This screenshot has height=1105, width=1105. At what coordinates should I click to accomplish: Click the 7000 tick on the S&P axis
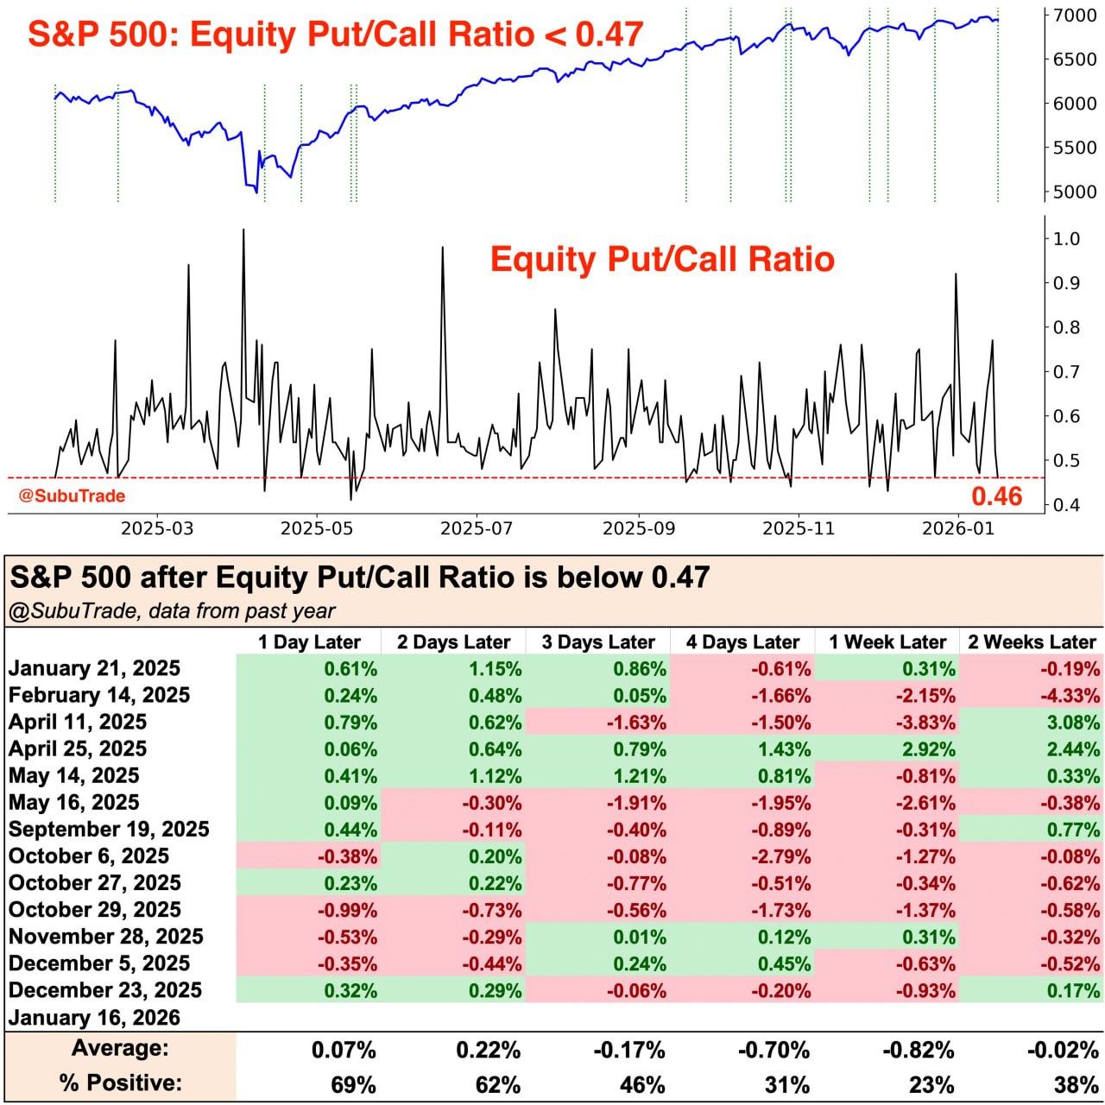pyautogui.click(x=1074, y=16)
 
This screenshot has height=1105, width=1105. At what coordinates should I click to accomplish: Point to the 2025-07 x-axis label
pyautogui.click(x=477, y=528)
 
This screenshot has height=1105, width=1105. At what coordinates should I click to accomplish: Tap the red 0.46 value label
pyautogui.click(x=996, y=496)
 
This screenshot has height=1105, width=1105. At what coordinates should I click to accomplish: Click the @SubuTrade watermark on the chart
pyautogui.click(x=73, y=496)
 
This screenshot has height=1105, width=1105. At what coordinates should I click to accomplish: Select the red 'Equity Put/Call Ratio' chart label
pyautogui.click(x=662, y=260)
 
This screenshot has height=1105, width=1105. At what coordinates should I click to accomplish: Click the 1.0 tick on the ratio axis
pyautogui.click(x=1067, y=239)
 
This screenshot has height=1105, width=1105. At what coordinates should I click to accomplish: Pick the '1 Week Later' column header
pyautogui.click(x=887, y=642)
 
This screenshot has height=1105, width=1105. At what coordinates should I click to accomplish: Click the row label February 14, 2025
pyautogui.click(x=99, y=695)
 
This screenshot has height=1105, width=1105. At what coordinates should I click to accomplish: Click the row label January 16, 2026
pyautogui.click(x=95, y=1017)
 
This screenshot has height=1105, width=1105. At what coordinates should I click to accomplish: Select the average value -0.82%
pyautogui.click(x=918, y=1051)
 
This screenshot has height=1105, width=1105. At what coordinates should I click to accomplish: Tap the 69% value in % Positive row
pyautogui.click(x=353, y=1084)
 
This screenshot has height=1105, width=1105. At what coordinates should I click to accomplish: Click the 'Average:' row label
pyautogui.click(x=120, y=1048)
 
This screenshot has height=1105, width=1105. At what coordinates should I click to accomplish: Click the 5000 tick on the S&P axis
pyautogui.click(x=1074, y=192)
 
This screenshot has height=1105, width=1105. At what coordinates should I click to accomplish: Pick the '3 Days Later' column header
pyautogui.click(x=598, y=642)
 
